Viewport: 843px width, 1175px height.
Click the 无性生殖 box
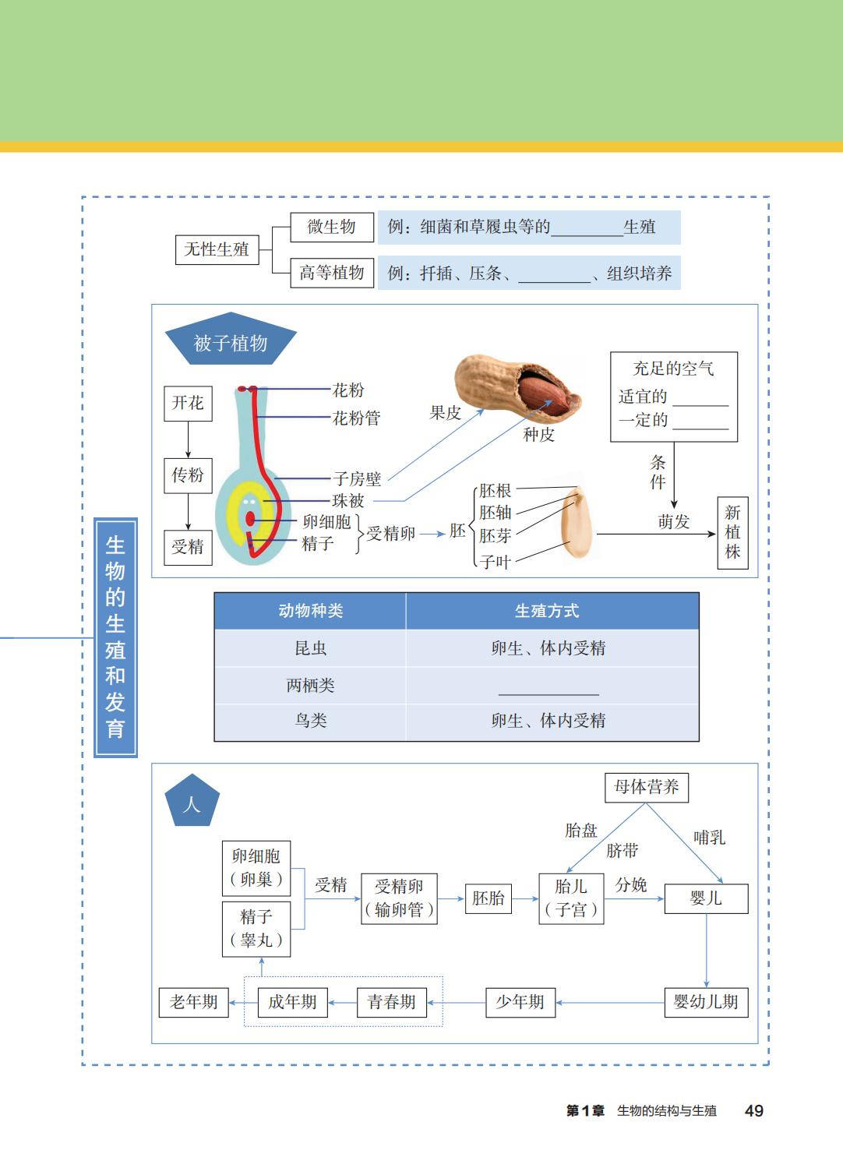217,249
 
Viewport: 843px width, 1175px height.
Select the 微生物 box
331,227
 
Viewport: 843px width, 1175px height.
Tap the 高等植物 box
332,273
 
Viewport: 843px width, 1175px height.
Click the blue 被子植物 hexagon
231,343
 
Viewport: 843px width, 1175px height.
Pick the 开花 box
188,403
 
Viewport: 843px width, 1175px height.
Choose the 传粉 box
188,475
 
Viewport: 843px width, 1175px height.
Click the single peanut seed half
576,521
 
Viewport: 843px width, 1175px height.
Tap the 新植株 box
732,532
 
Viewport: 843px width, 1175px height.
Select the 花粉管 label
356,418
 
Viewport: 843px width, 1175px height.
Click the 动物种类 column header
310,611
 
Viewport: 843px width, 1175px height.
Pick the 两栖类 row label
310,686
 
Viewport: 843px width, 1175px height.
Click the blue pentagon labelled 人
192,803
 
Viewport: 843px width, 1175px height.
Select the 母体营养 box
646,787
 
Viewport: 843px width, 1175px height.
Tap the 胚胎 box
488,898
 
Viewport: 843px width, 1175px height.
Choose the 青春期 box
391,1002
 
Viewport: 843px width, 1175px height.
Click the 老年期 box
193,1002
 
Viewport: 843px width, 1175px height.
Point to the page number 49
753,1111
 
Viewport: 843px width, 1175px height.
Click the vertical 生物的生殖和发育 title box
115,637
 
